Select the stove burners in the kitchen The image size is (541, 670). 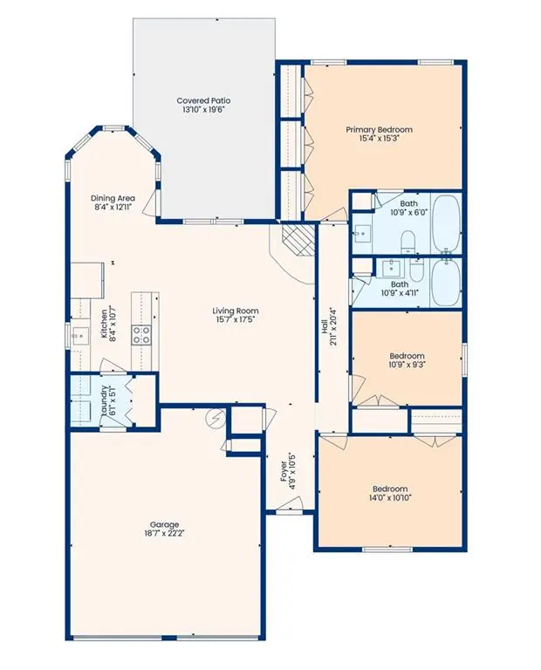coord(140,332)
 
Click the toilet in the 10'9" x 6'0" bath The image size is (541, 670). coord(407,241)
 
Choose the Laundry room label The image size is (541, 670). coord(104,400)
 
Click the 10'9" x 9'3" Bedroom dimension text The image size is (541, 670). coord(407,366)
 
